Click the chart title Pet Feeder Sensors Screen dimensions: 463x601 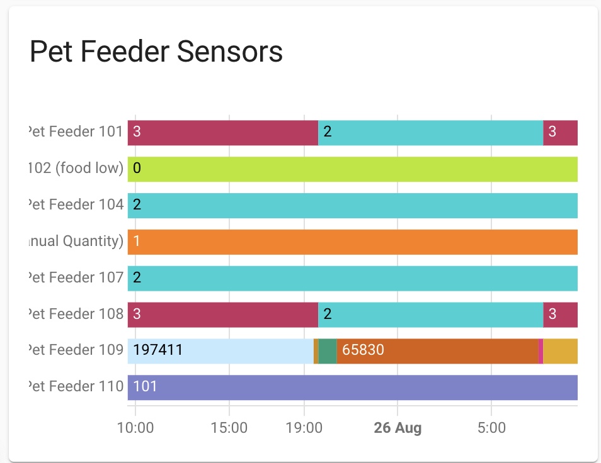156,52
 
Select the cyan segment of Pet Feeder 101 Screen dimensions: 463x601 430,133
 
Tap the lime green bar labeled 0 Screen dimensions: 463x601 352,169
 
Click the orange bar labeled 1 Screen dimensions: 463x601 352,242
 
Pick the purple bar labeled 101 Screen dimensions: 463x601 352,388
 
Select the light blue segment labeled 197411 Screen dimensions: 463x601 220,351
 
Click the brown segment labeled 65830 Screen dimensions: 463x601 437,351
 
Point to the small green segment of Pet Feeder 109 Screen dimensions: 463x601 328,351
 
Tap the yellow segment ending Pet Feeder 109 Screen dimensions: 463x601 560,351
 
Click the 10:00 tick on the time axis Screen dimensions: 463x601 135,428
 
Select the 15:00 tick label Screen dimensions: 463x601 229,428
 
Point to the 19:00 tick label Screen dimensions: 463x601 304,428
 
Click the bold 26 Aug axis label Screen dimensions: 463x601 398,428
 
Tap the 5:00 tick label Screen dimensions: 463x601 491,428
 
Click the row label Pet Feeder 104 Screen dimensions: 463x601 76,206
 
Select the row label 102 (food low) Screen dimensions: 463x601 76,169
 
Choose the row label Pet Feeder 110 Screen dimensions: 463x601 76,388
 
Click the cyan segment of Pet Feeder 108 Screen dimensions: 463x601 430,315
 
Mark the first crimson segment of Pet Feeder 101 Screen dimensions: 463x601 222,133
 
